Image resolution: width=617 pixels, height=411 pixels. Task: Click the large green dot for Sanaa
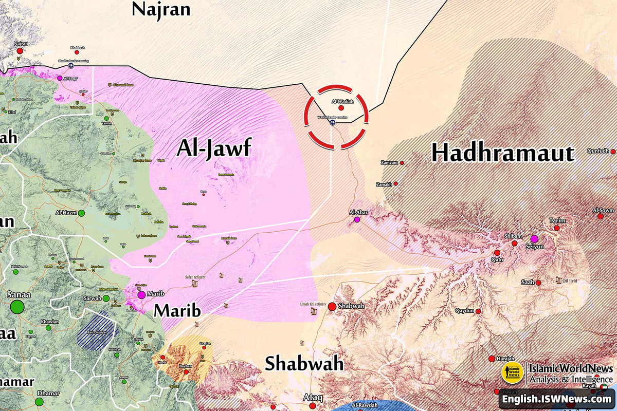pos(17,307)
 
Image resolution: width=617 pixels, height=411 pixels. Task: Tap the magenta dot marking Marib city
pos(141,295)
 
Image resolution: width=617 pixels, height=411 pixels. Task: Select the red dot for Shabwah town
pos(332,307)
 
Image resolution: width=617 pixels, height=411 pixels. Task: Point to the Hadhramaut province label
pos(502,153)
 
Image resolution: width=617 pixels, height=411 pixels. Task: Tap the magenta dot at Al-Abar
pos(357,220)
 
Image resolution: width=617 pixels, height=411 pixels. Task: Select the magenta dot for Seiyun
pos(534,239)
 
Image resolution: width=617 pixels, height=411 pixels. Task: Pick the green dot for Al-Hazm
pos(81,213)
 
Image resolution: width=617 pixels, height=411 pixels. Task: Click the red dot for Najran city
pos(20,51)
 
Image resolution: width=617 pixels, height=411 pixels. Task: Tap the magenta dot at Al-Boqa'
pos(60,78)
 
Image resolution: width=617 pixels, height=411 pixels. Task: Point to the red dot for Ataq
pos(313,406)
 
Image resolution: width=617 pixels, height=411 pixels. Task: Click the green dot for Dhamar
pos(40,401)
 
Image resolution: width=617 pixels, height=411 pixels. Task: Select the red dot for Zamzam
pos(402,163)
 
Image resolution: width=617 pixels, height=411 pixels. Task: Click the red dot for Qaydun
pos(478,311)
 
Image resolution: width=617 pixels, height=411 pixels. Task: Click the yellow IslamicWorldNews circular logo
pos(512,374)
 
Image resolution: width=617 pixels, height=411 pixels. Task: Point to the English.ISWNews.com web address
pos(556,399)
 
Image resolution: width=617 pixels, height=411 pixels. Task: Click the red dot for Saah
pos(538,283)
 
